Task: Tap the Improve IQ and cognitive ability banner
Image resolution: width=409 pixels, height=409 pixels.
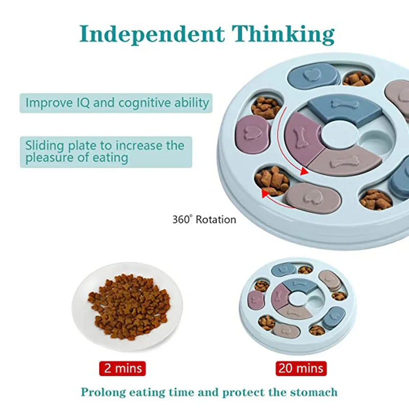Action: pyautogui.click(x=117, y=102)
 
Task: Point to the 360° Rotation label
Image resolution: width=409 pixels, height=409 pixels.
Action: pyautogui.click(x=204, y=220)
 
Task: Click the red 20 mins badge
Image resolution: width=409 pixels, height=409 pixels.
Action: pyautogui.click(x=301, y=368)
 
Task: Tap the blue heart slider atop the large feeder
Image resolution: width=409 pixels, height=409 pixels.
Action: pyautogui.click(x=313, y=76)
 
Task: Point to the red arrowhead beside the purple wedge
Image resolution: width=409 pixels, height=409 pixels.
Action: pyautogui.click(x=306, y=171)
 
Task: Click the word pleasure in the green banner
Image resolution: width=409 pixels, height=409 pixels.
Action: pyautogui.click(x=51, y=158)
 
